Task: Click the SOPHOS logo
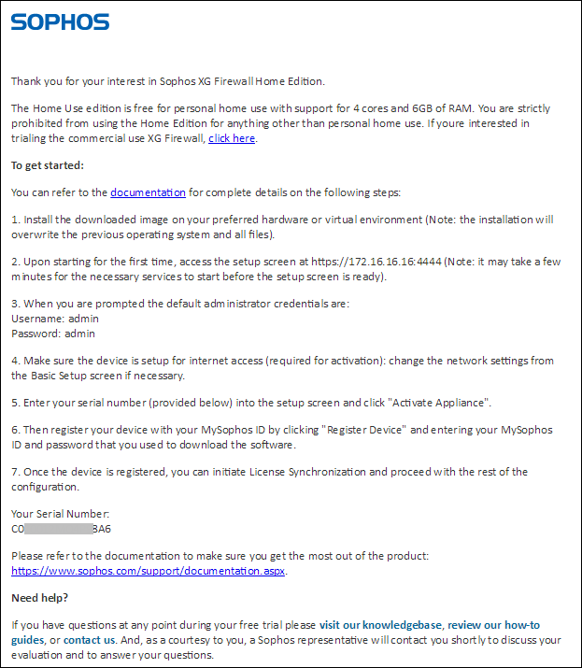click(60, 21)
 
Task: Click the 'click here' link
click(231, 138)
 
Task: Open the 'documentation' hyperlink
click(148, 192)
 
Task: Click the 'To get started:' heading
click(47, 165)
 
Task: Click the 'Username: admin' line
click(54, 319)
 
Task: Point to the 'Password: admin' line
click(53, 333)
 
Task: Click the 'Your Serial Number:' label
click(60, 514)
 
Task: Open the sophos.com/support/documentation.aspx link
click(149, 570)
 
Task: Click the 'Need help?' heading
click(39, 598)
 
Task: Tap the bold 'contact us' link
click(90, 640)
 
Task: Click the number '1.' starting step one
click(15, 220)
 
